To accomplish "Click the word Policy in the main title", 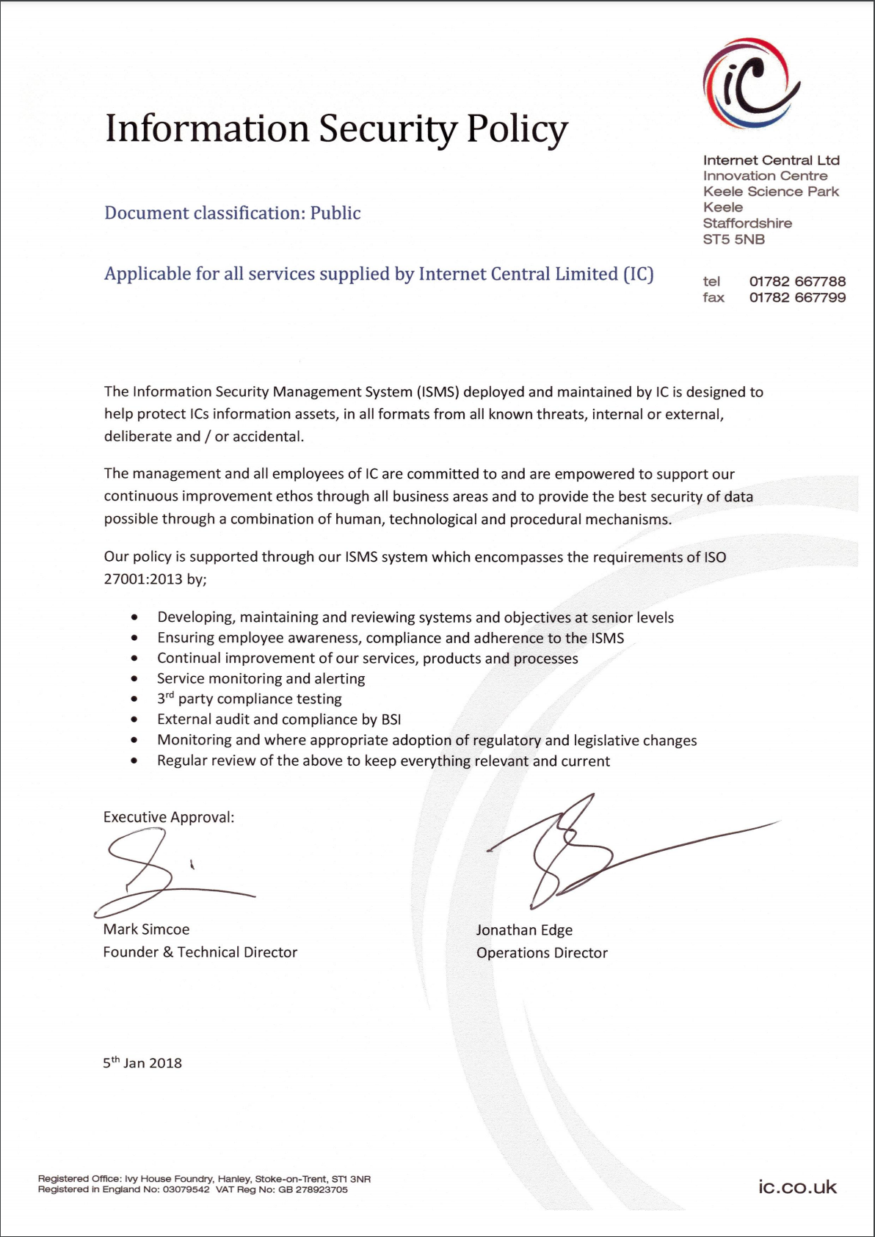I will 517,129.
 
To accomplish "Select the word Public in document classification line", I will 335,213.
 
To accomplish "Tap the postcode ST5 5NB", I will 733,239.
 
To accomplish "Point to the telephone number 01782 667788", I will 797,282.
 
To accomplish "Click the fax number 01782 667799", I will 797,298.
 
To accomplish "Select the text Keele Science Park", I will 771,192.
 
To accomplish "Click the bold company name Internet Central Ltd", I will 771,160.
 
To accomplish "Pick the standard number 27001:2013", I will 143,579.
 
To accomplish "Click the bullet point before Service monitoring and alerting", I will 134,679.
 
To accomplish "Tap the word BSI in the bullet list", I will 391,719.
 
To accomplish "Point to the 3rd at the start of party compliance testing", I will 165,698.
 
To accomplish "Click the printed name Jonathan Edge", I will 524,930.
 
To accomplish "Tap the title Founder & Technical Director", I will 200,952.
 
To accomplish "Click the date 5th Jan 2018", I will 142,1063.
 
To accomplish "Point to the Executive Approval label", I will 169,817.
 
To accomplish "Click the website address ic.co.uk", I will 797,1187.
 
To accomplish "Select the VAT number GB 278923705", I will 313,1189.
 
